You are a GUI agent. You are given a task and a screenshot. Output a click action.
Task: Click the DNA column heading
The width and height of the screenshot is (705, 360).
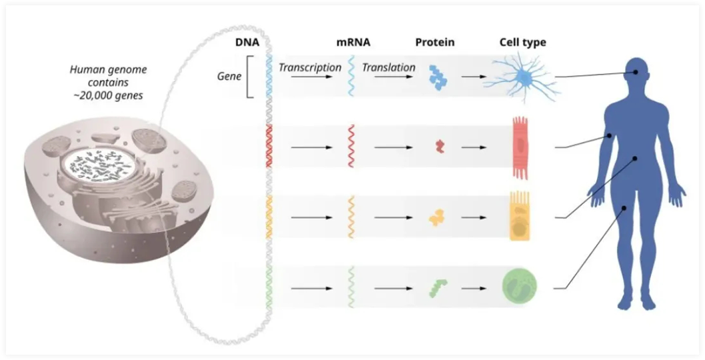(248, 42)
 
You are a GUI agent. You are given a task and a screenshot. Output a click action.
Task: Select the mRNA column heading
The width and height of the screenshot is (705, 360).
(353, 42)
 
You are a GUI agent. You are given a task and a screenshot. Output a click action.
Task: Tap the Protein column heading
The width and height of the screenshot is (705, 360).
(434, 42)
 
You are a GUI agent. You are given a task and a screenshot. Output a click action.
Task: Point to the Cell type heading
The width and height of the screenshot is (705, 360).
(523, 43)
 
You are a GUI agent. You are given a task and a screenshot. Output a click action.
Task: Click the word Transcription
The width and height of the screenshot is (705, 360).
(311, 67)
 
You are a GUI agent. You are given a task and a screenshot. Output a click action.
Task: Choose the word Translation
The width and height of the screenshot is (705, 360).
(389, 67)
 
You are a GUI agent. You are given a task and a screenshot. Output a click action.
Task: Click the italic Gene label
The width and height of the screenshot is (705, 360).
(229, 76)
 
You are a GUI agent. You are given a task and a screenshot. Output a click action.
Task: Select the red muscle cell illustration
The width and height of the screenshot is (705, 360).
(520, 147)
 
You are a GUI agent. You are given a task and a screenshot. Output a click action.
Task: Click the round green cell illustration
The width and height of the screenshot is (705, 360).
(520, 286)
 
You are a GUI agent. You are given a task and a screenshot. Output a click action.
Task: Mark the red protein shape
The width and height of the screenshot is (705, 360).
(439, 146)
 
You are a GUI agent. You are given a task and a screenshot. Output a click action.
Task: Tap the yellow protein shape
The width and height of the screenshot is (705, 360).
(438, 217)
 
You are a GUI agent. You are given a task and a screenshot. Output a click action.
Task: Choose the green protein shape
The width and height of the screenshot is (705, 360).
(438, 288)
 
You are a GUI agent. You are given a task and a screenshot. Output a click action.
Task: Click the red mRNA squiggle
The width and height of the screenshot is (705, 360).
(351, 146)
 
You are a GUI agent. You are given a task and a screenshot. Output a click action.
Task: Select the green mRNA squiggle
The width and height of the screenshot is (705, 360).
(351, 287)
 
